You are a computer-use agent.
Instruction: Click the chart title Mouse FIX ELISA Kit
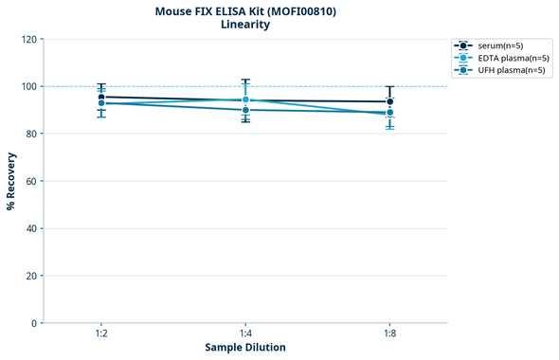tap(245, 11)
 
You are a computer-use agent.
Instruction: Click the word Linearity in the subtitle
tap(245, 26)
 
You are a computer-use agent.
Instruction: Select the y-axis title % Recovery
tap(11, 180)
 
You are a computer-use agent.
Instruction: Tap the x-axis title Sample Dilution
tap(245, 348)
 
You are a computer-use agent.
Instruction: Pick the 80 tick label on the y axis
tap(30, 134)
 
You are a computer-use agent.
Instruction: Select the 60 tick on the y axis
tap(30, 181)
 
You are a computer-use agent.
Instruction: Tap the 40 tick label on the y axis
tap(30, 228)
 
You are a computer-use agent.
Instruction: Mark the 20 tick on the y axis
tap(30, 276)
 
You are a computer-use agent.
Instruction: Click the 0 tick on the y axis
tap(33, 323)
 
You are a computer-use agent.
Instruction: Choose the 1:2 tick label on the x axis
tap(101, 334)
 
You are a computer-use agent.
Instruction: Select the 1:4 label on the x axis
tap(245, 334)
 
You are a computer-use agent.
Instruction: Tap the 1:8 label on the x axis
tap(389, 334)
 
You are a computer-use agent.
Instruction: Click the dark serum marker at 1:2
tap(101, 97)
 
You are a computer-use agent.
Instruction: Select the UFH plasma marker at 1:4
tap(245, 110)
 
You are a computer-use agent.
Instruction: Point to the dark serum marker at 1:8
tap(389, 101)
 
